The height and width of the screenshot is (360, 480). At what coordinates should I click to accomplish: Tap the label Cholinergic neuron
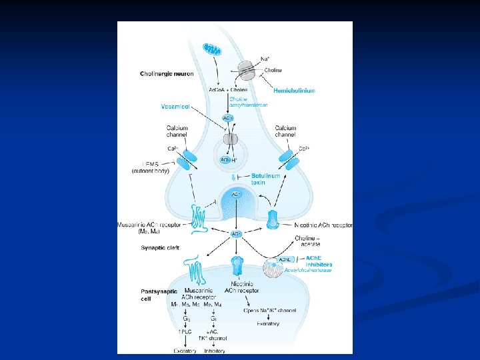(x=167, y=73)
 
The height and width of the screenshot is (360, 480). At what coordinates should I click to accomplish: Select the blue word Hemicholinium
(x=294, y=90)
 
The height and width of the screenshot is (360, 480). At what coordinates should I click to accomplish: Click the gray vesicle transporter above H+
(x=230, y=139)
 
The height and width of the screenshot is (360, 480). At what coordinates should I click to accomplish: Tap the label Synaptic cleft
(x=159, y=247)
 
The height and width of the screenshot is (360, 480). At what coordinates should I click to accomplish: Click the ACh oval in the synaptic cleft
(x=236, y=234)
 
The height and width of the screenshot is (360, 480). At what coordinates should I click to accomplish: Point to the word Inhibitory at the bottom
(x=214, y=350)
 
